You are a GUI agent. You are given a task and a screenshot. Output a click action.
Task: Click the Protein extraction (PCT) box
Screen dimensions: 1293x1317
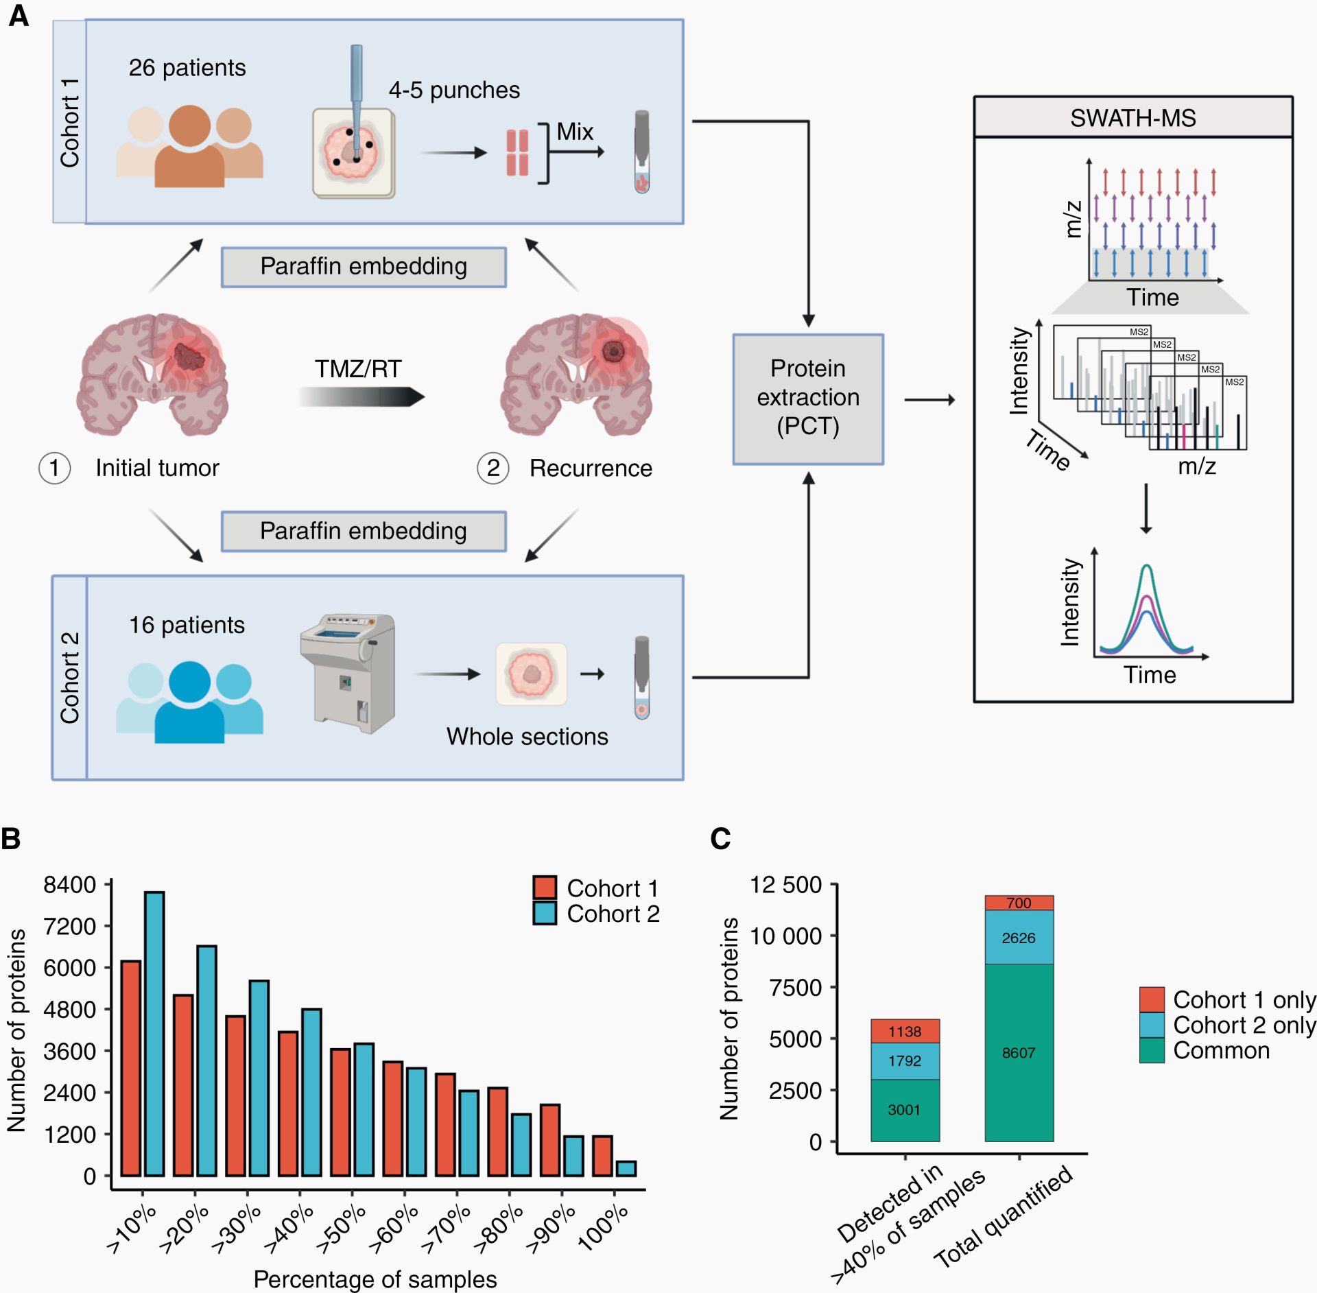[807, 399]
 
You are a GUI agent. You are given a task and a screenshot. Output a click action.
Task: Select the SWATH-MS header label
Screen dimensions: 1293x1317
[1132, 118]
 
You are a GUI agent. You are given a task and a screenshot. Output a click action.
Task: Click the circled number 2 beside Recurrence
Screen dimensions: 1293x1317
[493, 468]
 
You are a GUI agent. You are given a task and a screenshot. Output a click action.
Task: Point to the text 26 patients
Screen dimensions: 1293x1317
[187, 68]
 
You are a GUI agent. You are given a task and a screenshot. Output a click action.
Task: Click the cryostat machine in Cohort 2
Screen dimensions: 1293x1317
[348, 672]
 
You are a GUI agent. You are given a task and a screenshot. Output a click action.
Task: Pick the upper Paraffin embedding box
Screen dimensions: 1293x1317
[364, 266]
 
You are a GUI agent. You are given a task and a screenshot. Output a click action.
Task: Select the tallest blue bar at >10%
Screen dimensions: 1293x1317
[154, 1032]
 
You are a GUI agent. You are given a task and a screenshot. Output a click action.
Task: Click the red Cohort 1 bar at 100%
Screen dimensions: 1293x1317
[602, 1155]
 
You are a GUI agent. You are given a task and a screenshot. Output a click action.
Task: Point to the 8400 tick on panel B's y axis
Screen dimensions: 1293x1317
[69, 884]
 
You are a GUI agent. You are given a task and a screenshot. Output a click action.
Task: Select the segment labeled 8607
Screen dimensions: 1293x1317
[1019, 1052]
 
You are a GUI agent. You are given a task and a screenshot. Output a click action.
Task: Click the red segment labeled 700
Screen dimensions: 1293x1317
[1019, 903]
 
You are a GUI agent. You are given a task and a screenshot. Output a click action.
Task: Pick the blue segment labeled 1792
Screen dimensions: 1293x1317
[904, 1060]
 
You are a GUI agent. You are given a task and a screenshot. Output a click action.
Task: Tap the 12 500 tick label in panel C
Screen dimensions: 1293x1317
[785, 884]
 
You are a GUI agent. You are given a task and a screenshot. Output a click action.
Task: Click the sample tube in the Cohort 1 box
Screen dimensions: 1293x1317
[641, 152]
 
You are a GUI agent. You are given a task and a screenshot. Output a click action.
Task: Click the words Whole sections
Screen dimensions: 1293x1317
[527, 736]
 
